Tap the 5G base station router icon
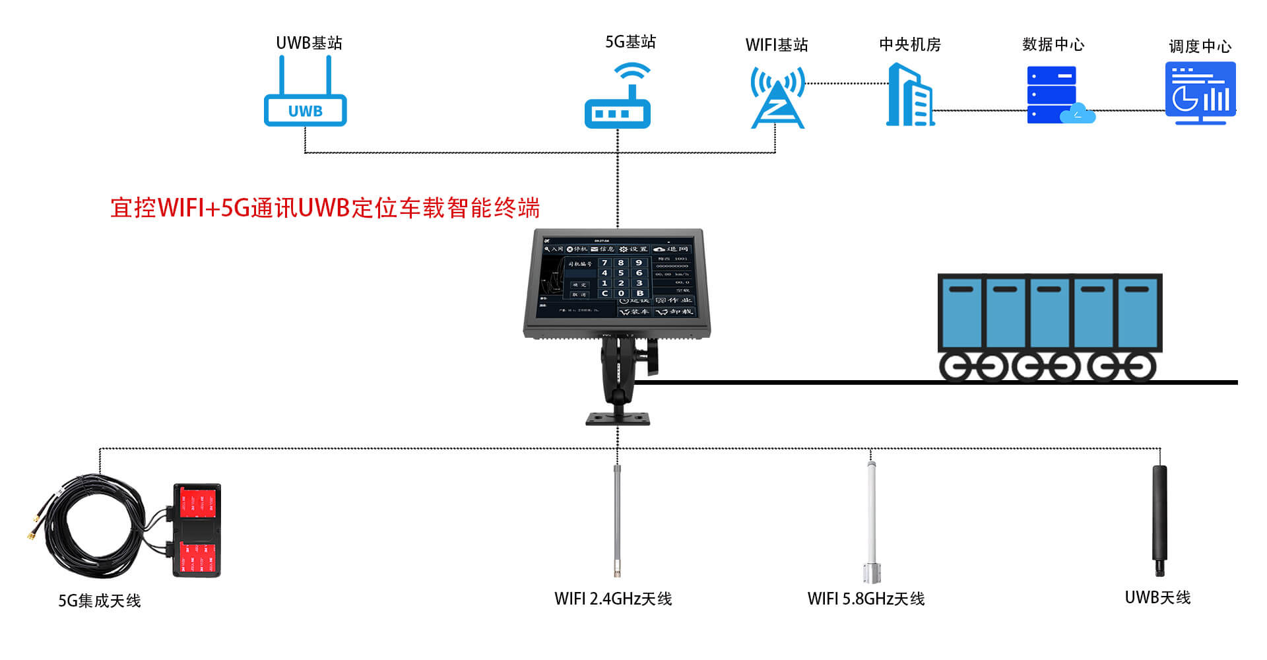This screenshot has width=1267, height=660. pyautogui.click(x=618, y=99)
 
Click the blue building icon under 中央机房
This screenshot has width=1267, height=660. pyautogui.click(x=910, y=96)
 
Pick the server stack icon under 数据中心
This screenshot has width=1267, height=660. pyautogui.click(x=1055, y=95)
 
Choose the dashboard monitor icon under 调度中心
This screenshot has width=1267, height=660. pyautogui.click(x=1200, y=92)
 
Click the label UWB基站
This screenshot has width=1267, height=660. pyautogui.click(x=309, y=43)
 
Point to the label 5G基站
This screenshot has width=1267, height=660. pyautogui.click(x=630, y=42)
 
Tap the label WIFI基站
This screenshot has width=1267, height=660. pyautogui.click(x=777, y=45)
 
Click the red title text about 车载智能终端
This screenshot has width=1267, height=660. pyautogui.click(x=325, y=208)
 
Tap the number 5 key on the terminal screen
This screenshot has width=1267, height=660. pyautogui.click(x=621, y=273)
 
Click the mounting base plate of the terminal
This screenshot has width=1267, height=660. pyautogui.click(x=618, y=418)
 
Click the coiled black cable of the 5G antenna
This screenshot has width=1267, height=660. pyautogui.click(x=92, y=528)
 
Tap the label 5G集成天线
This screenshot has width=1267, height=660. pyautogui.click(x=100, y=601)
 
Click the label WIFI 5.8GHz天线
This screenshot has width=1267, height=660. pyautogui.click(x=866, y=599)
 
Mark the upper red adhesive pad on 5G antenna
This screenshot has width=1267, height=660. pyautogui.click(x=197, y=503)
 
